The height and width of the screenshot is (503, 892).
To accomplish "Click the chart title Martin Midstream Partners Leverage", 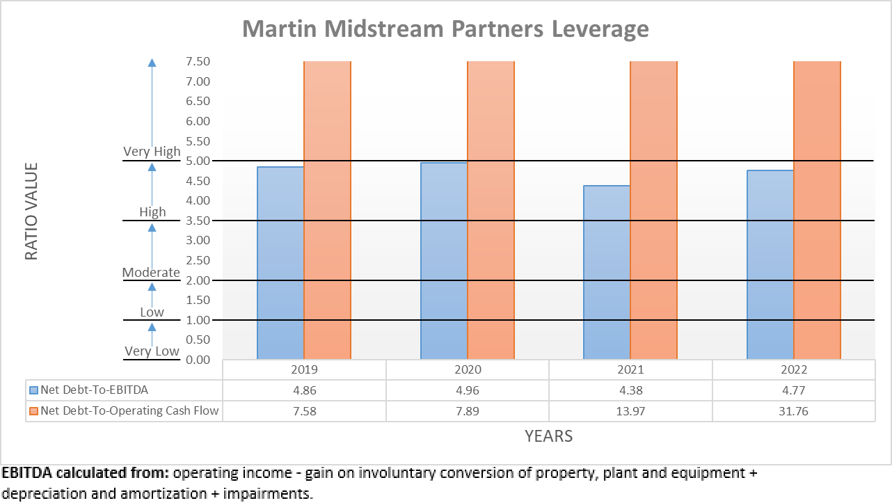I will (445, 29).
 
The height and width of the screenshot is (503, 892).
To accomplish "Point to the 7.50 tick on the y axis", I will (198, 61).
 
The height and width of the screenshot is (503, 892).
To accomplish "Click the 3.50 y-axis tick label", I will (198, 221).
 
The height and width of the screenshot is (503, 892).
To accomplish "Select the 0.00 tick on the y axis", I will (198, 360).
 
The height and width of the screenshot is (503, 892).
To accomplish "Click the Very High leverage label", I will (152, 152).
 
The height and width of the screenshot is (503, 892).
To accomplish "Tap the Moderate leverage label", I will (151, 272).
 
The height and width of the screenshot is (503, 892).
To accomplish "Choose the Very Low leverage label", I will (152, 351).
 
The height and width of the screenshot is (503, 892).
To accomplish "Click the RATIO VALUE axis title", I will (31, 211).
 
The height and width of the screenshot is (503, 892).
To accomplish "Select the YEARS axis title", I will (548, 436).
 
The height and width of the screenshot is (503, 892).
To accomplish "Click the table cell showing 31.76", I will (793, 411).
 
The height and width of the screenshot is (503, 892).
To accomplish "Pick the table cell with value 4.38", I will (630, 390).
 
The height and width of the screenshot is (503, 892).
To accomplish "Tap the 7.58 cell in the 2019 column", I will (304, 411).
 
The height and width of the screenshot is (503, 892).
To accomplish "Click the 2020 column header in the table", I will (468, 370).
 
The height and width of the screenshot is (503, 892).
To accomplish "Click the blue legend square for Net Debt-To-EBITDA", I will (34, 390).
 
